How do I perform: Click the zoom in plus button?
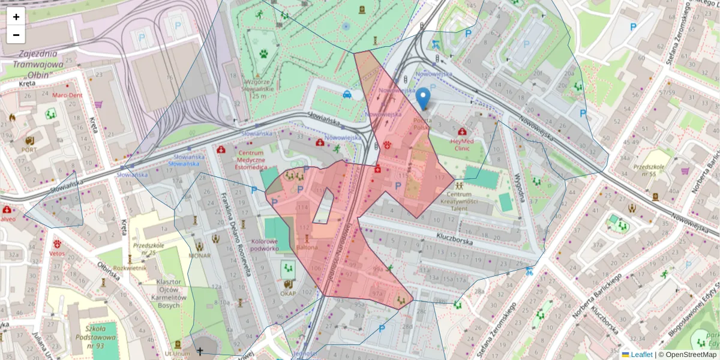(x=16, y=17)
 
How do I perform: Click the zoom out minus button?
(x=16, y=35)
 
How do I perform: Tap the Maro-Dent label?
(x=67, y=95)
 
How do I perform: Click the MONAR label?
(x=199, y=255)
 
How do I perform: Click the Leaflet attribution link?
(x=641, y=355)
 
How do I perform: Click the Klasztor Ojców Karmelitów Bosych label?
(x=168, y=293)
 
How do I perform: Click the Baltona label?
(x=307, y=247)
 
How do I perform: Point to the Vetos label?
(x=57, y=254)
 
